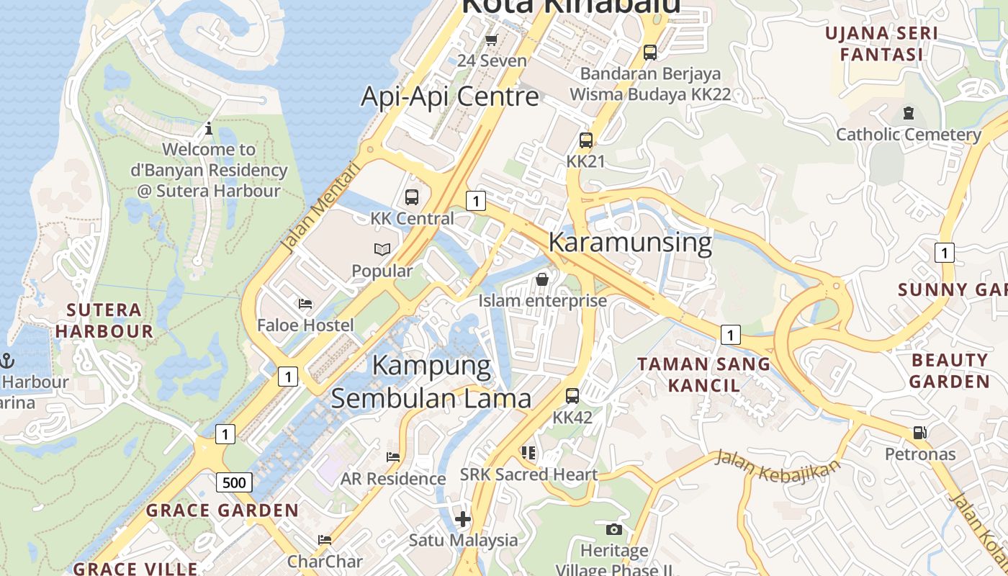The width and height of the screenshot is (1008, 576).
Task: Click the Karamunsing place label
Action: [630, 243]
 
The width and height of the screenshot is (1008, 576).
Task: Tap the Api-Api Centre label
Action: [449, 96]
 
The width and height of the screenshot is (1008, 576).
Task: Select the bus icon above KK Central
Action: [412, 197]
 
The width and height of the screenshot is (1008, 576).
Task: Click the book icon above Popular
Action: [382, 250]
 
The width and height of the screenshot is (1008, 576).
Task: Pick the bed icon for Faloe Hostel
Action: [305, 304]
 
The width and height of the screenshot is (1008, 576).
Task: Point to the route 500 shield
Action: [234, 482]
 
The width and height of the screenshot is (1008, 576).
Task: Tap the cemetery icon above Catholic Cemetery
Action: [908, 113]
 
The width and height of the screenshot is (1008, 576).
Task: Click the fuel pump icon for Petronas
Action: [919, 433]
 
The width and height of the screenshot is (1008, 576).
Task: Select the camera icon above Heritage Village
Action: [613, 530]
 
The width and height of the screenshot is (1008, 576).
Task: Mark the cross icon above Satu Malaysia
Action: [463, 518]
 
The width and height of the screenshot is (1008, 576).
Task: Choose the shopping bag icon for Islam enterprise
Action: [542, 279]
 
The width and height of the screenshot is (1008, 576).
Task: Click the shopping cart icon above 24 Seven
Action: [492, 40]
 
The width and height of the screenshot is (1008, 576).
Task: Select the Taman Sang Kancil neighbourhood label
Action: [703, 374]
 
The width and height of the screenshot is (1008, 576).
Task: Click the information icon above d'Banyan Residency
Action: [209, 129]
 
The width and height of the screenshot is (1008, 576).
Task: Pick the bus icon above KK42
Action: [572, 396]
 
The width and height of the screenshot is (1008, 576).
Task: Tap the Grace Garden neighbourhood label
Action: [222, 510]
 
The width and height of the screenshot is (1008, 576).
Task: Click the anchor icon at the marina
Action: [8, 360]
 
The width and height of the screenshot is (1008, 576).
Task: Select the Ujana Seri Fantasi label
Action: [881, 44]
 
